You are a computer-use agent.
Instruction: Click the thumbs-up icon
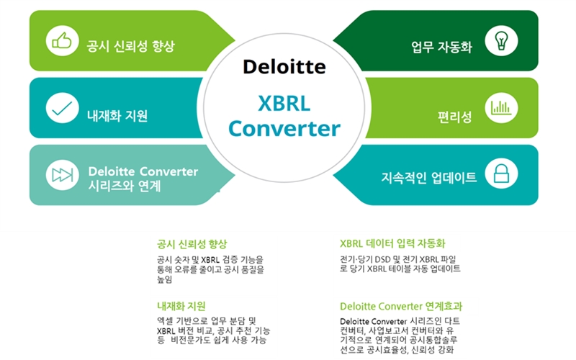[x=62, y=40]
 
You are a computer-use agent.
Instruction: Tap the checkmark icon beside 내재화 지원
[x=62, y=108]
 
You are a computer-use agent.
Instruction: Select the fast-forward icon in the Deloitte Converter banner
[x=62, y=175]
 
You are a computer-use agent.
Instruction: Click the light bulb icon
[x=501, y=40]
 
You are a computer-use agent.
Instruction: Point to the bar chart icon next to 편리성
[x=501, y=107]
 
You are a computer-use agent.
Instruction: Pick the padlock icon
[x=501, y=174]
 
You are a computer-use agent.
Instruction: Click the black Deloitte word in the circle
[x=284, y=67]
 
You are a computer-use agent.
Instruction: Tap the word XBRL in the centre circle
[x=284, y=103]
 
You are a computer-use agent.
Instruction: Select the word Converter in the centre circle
[x=284, y=129]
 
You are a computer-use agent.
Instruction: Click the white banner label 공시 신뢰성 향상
[x=131, y=46]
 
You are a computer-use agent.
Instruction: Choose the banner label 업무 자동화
[x=441, y=47]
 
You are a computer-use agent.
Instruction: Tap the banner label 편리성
[x=455, y=117]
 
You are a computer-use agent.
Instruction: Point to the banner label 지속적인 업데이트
[x=429, y=177]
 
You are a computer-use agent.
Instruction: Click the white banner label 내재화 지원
[x=117, y=116]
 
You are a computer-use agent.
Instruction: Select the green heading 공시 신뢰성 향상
[x=192, y=244]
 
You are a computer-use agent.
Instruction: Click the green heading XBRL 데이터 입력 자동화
[x=392, y=243]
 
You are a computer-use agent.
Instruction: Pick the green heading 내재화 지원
[x=181, y=306]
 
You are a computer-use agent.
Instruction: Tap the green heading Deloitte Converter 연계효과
[x=401, y=306]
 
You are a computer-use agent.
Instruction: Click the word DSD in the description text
[x=382, y=259]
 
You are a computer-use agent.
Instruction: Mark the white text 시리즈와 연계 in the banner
[x=125, y=186]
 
